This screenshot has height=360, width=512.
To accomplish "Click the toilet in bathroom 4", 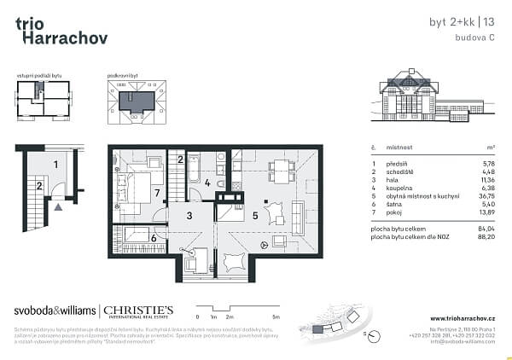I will (220, 184).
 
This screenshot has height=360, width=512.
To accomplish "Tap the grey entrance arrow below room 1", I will (57, 206).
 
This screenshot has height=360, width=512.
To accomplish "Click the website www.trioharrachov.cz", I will (457, 319).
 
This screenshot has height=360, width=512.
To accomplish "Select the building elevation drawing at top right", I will (430, 102).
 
